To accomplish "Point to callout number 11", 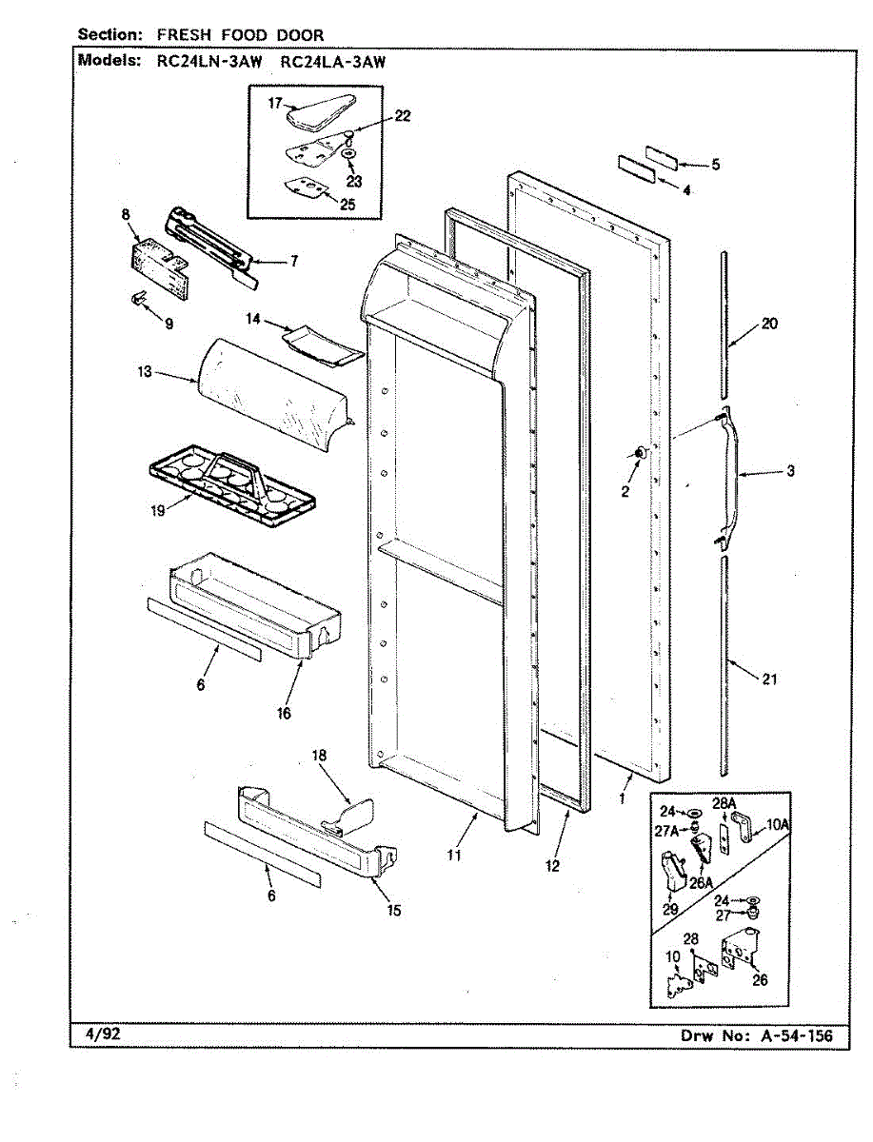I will tap(454, 855).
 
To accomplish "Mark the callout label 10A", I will tap(779, 824).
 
